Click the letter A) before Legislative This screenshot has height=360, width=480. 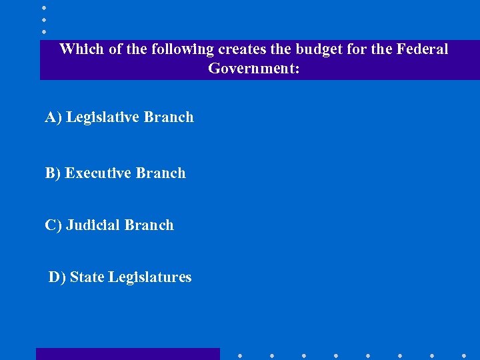point(53,117)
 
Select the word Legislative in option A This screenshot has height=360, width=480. point(103,117)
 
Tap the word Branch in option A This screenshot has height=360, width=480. point(169,117)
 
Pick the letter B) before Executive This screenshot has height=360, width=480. point(53,173)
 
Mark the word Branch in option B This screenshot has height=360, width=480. point(161,173)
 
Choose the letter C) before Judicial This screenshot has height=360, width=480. point(53,225)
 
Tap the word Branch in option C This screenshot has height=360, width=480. point(149,225)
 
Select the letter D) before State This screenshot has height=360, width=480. point(57,277)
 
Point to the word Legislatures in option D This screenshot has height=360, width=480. point(149,277)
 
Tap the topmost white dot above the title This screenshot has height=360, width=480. point(44,8)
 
